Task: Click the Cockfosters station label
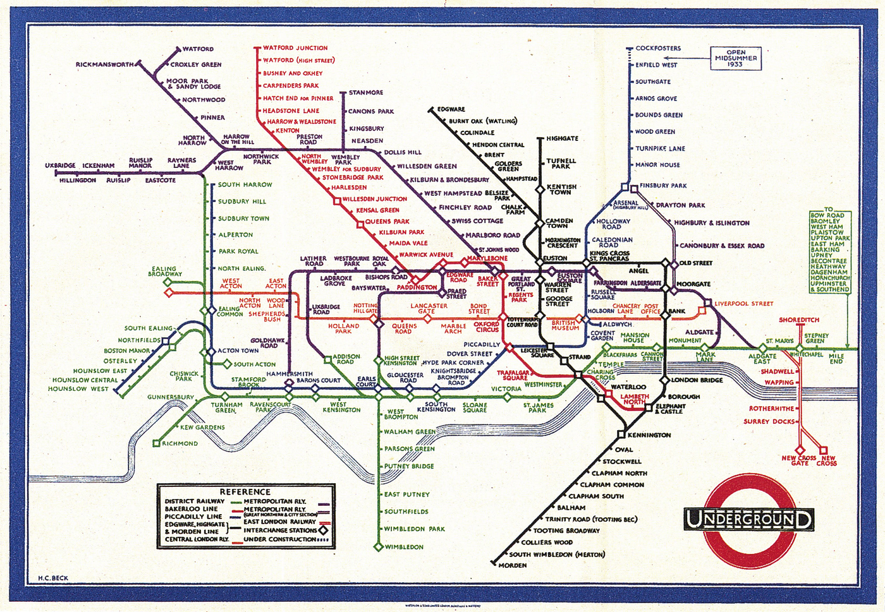[x=658, y=48]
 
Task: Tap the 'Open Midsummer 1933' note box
[x=735, y=58]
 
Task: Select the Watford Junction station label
[x=295, y=48]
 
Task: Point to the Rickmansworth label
[x=105, y=64]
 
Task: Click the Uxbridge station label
[x=60, y=165]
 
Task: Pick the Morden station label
[x=512, y=565]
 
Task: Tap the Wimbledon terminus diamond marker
[x=378, y=547]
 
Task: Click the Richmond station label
[x=180, y=443]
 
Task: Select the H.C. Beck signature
[x=53, y=578]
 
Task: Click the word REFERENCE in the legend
[x=245, y=492]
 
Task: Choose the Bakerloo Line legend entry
[x=192, y=509]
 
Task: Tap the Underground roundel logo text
[x=748, y=520]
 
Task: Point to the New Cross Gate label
[x=799, y=460]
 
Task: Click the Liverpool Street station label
[x=743, y=304]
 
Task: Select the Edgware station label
[x=451, y=109]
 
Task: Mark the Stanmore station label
[x=366, y=93]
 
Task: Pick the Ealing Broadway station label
[x=165, y=272]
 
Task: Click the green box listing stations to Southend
[x=830, y=251]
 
